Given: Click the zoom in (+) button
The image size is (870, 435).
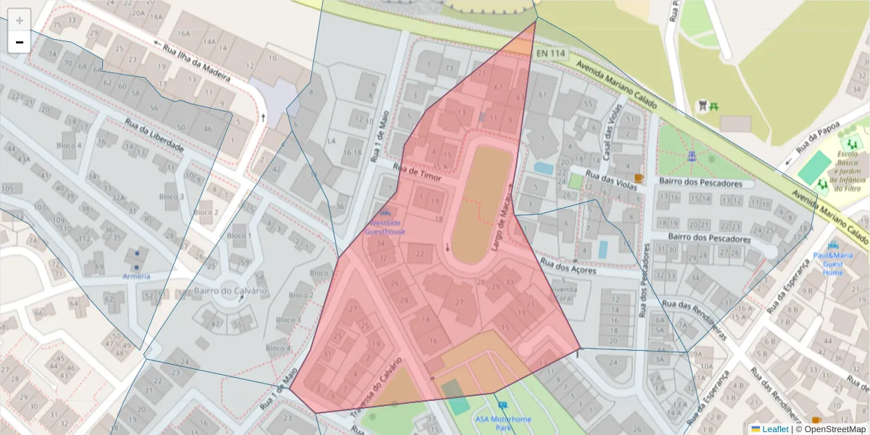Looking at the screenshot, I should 20,20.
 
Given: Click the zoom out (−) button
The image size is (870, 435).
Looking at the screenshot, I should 20,42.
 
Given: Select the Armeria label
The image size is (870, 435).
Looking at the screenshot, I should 136,276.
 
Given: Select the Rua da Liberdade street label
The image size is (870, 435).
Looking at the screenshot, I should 154,136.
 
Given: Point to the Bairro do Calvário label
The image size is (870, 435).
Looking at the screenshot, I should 231,291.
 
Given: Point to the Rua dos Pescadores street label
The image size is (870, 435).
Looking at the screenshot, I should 643,279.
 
